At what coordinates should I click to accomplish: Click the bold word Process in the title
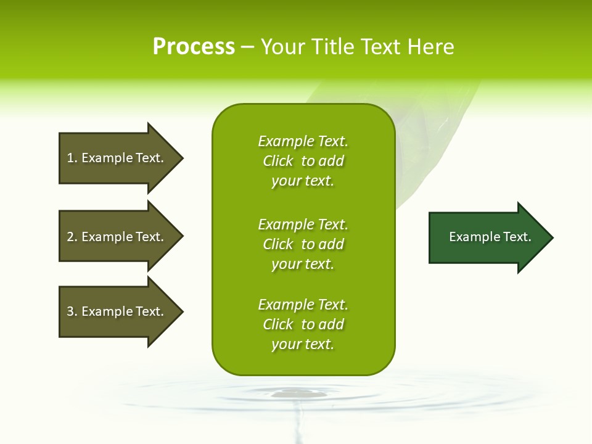pyautogui.click(x=194, y=47)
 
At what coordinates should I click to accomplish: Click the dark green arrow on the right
pyautogui.click(x=487, y=237)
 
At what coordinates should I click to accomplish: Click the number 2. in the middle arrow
pyautogui.click(x=72, y=237)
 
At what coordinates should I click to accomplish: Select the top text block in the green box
pyautogui.click(x=303, y=161)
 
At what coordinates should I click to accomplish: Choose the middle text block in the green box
pyautogui.click(x=303, y=244)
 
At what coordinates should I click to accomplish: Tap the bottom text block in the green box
pyautogui.click(x=303, y=324)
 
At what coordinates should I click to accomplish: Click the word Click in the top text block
pyautogui.click(x=278, y=161)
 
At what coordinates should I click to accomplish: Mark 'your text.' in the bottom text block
pyautogui.click(x=303, y=344)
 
